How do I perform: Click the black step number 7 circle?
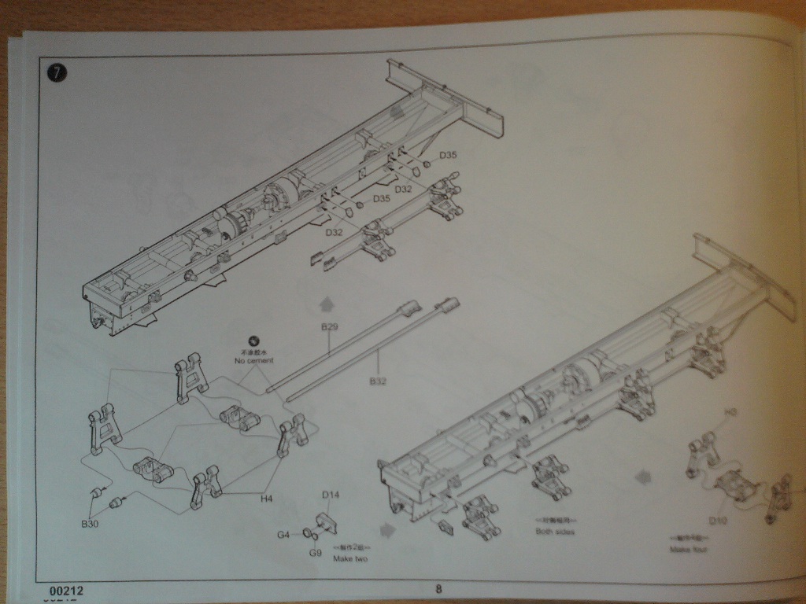coord(57,73)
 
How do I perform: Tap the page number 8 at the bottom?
coord(438,587)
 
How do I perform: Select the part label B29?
coord(329,326)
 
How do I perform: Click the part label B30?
coord(90,524)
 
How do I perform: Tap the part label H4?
coord(268,498)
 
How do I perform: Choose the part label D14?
coord(331,495)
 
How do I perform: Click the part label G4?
coord(283,536)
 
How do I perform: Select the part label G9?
coord(315,553)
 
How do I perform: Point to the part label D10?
coord(717,521)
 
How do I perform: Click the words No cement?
coord(254,361)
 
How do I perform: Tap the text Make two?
coord(352,558)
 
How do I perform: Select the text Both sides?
coord(556,532)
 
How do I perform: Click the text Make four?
coord(689,549)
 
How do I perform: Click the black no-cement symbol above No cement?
coord(254,341)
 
